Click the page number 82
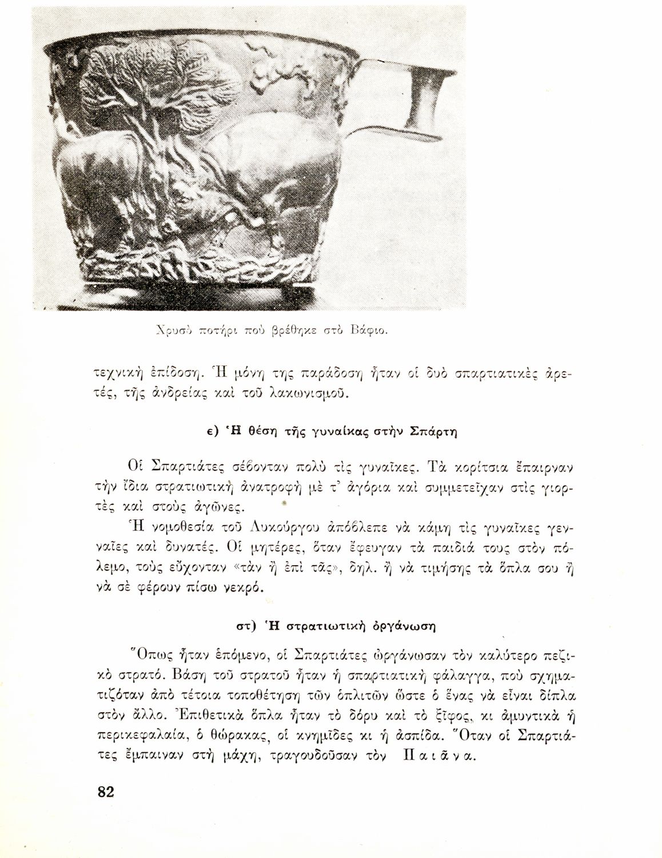[x=106, y=792]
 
